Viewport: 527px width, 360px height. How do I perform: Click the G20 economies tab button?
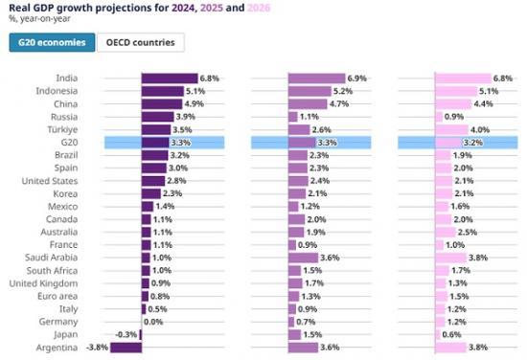52,42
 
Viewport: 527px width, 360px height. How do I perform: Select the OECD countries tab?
142,42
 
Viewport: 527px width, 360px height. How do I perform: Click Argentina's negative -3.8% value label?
97,348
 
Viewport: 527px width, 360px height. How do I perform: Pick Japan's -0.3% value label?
126,335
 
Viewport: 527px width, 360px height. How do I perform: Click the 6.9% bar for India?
315,79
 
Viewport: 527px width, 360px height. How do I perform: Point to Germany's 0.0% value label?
154,323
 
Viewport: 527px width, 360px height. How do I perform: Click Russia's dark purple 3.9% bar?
158,117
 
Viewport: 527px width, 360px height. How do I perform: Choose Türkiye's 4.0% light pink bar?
451,129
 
